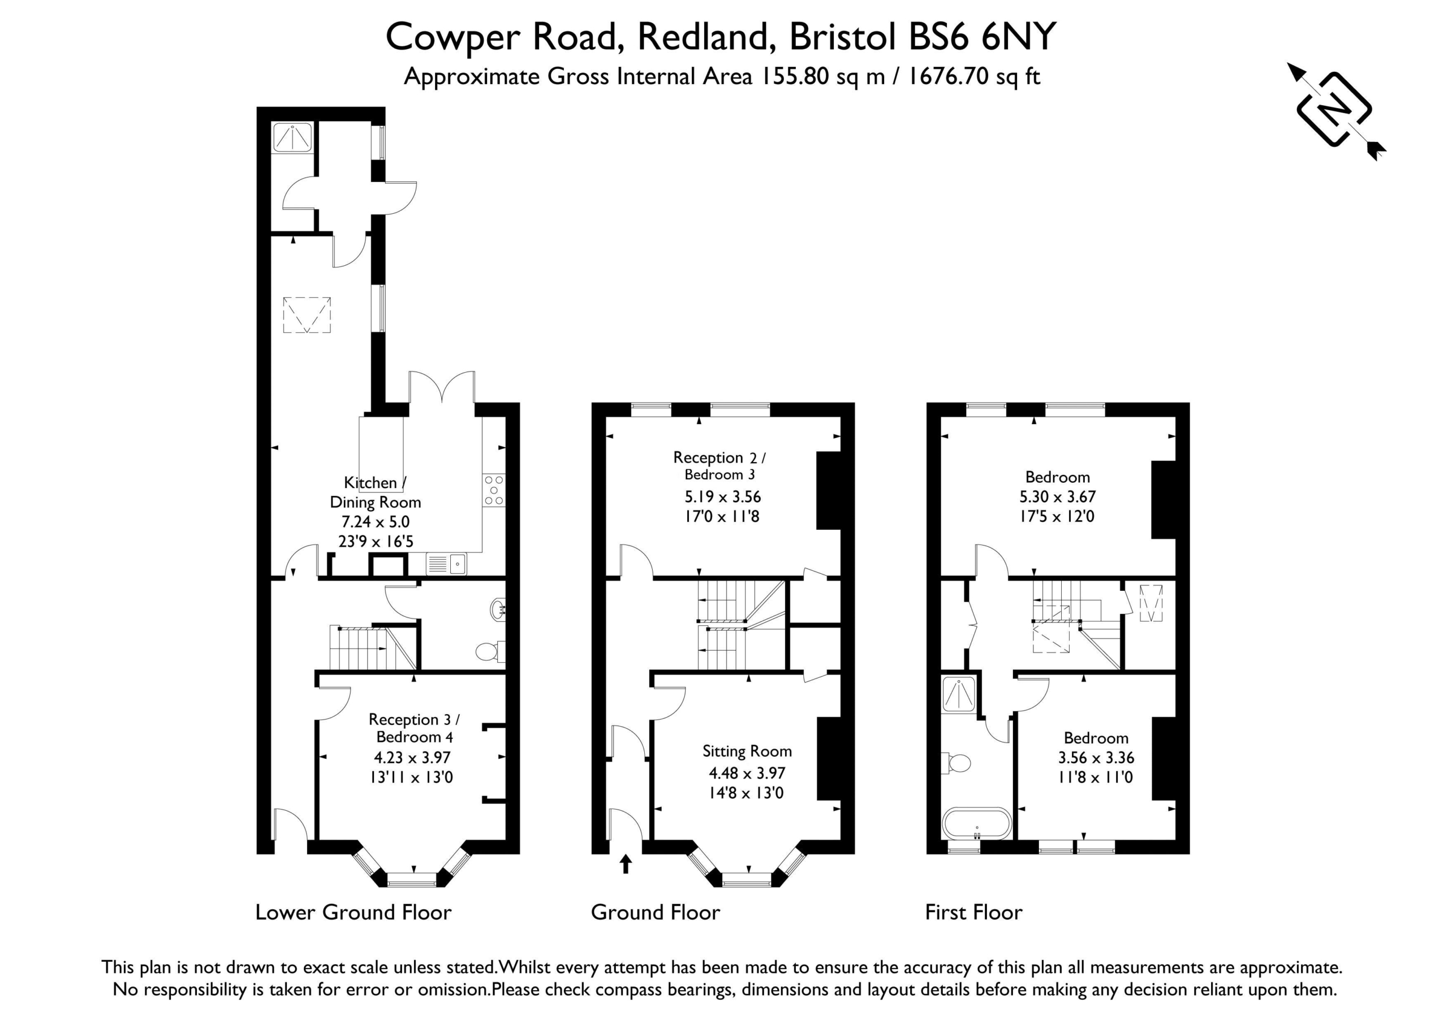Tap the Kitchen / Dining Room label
point(375,492)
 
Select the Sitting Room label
point(747,751)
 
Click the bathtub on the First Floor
point(977,823)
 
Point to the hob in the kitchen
point(494,490)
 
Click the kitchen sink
point(446,564)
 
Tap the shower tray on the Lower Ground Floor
point(292,137)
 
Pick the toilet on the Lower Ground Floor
point(490,651)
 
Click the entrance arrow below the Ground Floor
point(626,863)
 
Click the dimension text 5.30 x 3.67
point(1058,496)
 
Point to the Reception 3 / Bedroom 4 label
point(415,728)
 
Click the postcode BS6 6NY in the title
point(981,37)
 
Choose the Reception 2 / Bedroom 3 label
point(719,465)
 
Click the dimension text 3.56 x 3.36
point(1096,757)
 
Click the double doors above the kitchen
point(442,387)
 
